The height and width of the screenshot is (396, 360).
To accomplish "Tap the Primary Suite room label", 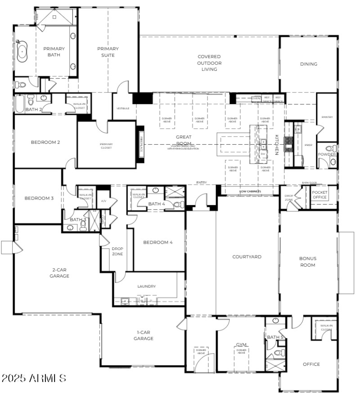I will pyautogui.click(x=108, y=52).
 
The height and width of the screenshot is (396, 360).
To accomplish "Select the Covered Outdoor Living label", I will pyautogui.click(x=209, y=63).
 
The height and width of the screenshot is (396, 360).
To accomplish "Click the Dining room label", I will pyautogui.click(x=309, y=64).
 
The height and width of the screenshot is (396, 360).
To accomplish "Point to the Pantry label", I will pyautogui.click(x=327, y=117).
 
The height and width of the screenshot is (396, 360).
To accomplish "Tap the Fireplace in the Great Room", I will pyautogui.click(x=141, y=146).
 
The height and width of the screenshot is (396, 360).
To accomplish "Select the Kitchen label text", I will pyautogui.click(x=277, y=144).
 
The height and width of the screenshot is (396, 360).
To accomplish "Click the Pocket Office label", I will pyautogui.click(x=319, y=194).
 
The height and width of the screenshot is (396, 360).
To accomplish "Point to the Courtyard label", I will pyautogui.click(x=247, y=257).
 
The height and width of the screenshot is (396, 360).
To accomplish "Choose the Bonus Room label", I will pyautogui.click(x=308, y=262).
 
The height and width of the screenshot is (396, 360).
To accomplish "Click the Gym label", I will pyautogui.click(x=241, y=345).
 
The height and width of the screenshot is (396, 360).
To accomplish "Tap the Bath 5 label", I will pyautogui.click(x=275, y=337).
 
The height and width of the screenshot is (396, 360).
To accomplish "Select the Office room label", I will pyautogui.click(x=311, y=364).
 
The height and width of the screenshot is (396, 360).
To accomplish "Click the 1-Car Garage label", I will pyautogui.click(x=145, y=336).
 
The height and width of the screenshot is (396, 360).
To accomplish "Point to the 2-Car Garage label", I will pyautogui.click(x=59, y=273).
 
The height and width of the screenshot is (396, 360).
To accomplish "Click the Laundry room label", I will pyautogui.click(x=147, y=286).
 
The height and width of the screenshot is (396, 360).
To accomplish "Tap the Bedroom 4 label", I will pyautogui.click(x=158, y=242).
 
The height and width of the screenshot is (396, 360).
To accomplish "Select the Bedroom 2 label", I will pyautogui.click(x=45, y=142).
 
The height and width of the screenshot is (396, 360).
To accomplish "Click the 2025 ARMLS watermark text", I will pyautogui.click(x=34, y=378).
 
